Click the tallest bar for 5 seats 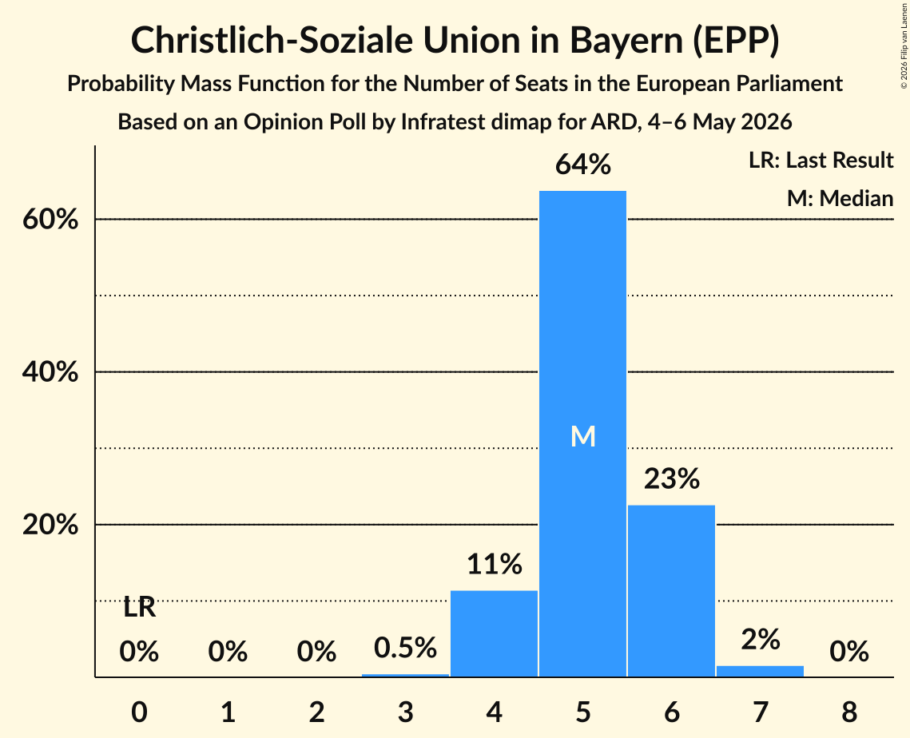tap(582, 434)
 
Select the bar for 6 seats tap(671, 590)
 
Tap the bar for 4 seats tap(494, 633)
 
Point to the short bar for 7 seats tap(761, 671)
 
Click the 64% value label tap(582, 165)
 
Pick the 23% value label tap(671, 478)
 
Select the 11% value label tap(494, 564)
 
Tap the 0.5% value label tap(405, 648)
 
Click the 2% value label tap(761, 640)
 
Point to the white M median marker tap(582, 436)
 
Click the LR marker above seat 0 tap(139, 608)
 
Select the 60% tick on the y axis tap(50, 220)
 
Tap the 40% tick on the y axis tap(50, 372)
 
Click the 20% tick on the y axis tap(50, 525)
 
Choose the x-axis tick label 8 tap(849, 712)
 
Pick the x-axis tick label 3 tap(405, 712)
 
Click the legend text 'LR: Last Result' tap(821, 160)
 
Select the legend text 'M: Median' tap(840, 198)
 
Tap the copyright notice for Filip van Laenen tap(904, 46)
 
